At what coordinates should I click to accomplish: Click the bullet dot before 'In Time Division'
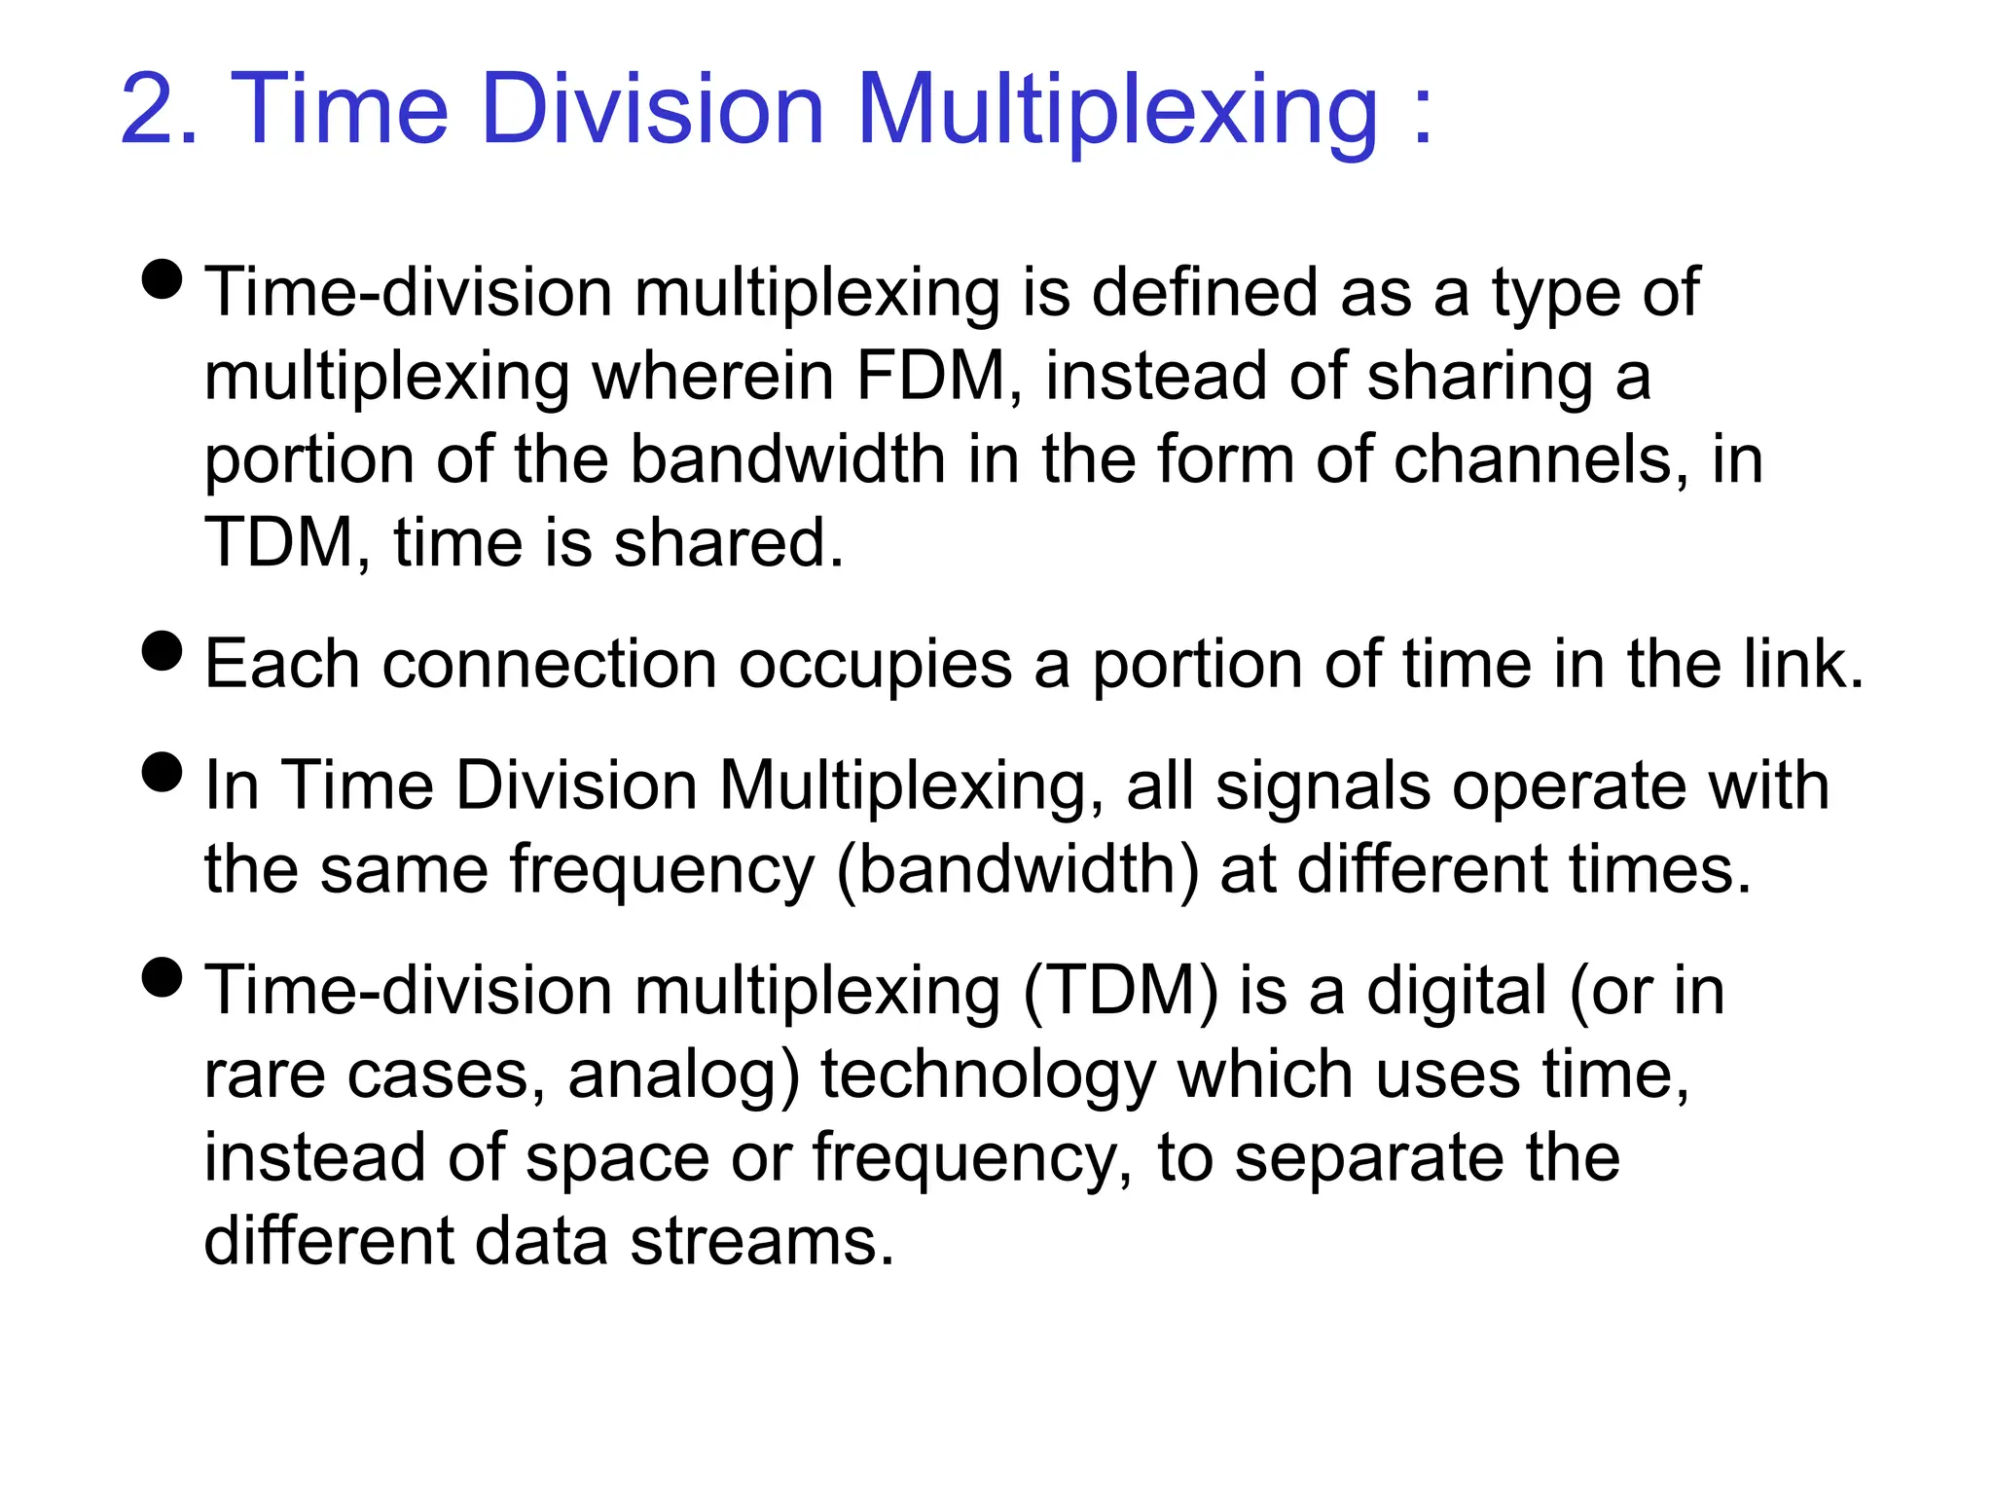tap(162, 772)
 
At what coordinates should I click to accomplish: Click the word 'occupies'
tap(875, 665)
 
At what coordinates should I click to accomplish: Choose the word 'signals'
tap(1323, 786)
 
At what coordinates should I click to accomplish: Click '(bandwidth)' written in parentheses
tap(1018, 869)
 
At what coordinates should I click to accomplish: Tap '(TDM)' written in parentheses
tap(1120, 992)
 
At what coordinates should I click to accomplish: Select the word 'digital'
tap(1456, 992)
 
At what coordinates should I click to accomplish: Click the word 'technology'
tap(988, 1076)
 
